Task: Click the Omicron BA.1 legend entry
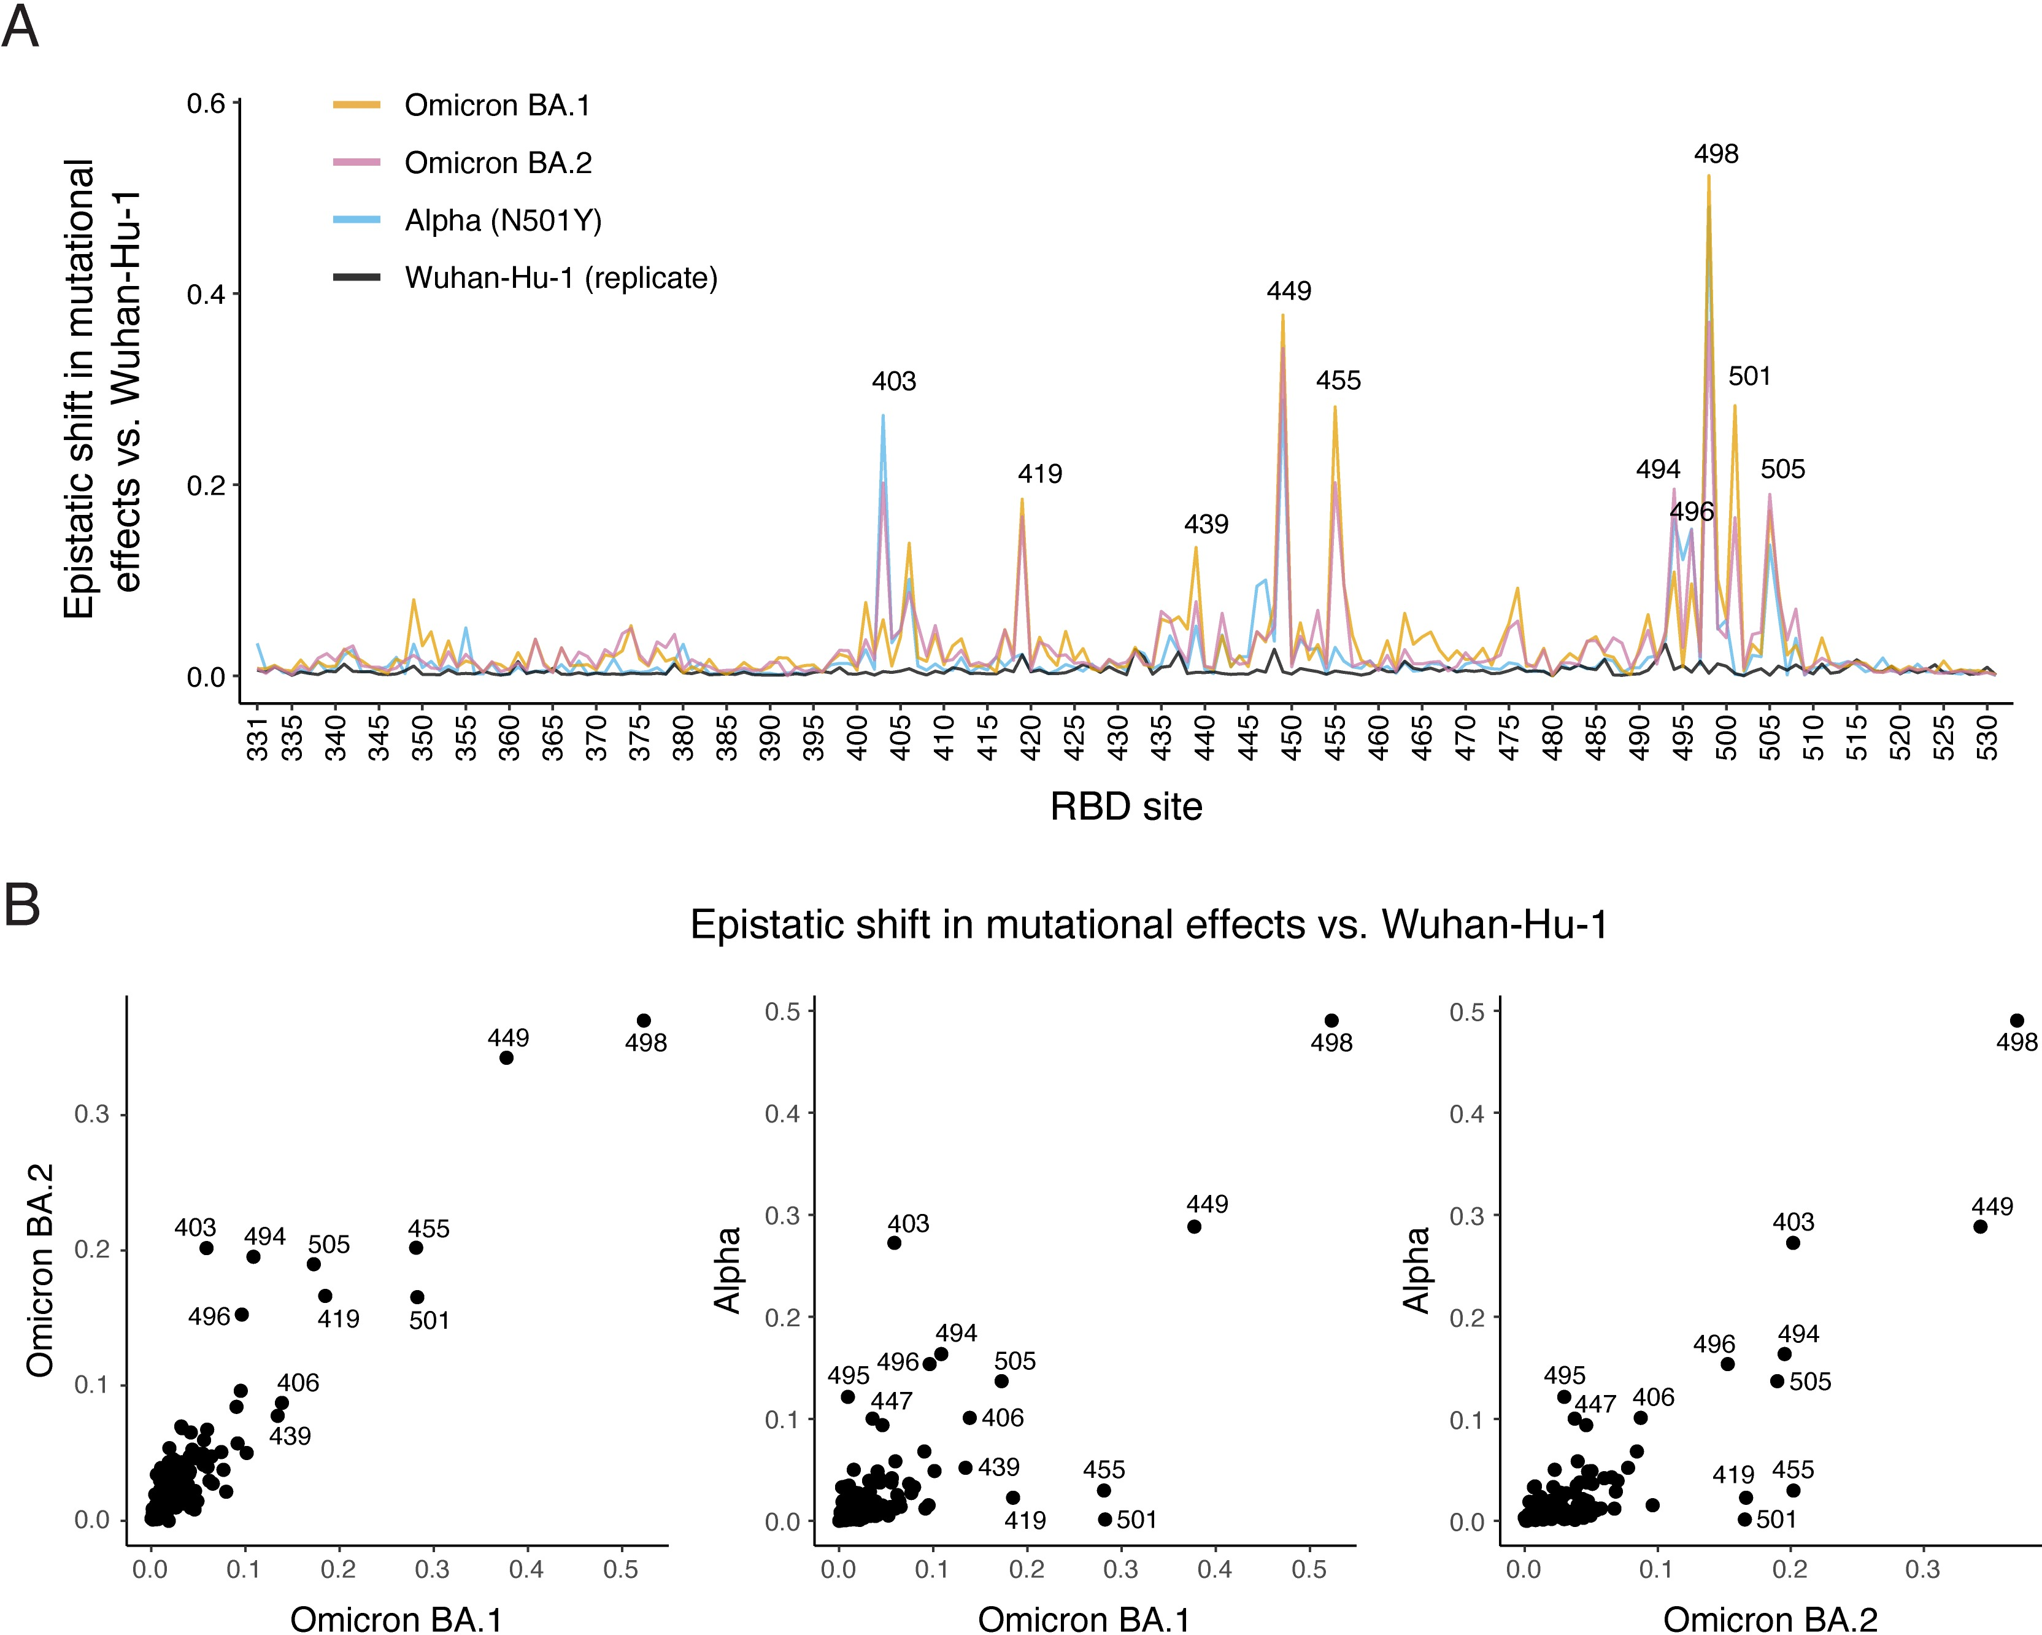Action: [x=496, y=105]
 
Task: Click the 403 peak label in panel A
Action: [x=893, y=382]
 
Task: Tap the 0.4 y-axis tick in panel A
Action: [x=206, y=295]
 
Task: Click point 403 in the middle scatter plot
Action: [x=894, y=1243]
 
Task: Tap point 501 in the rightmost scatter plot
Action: [x=1744, y=1520]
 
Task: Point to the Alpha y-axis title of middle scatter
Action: [x=727, y=1271]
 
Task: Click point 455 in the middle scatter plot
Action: [x=1103, y=1490]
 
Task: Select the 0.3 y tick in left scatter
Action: [x=92, y=1114]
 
